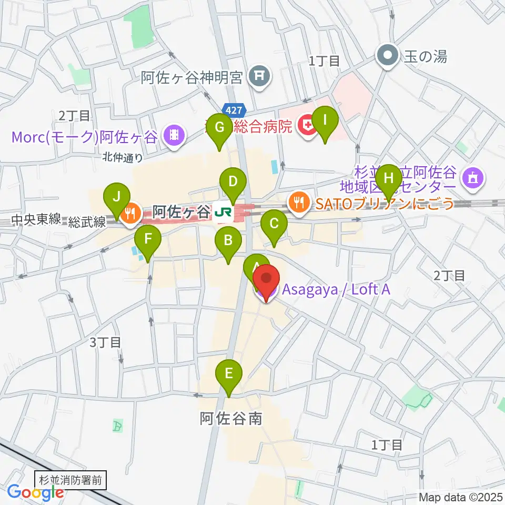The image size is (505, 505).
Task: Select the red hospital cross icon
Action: tap(305, 126)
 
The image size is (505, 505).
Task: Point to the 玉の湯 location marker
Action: tap(389, 55)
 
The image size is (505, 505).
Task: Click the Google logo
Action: tap(36, 493)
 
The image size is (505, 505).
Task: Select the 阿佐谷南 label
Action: tap(230, 418)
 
